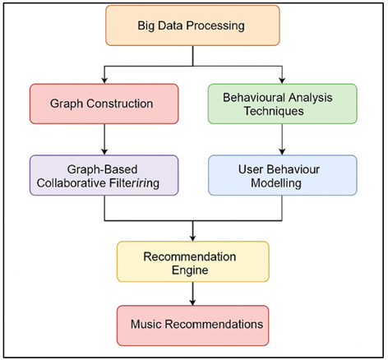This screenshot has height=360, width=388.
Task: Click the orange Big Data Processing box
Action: tap(192, 26)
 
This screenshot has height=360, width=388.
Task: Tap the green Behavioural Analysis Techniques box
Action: tap(282, 104)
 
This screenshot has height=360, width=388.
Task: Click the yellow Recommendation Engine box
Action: tap(192, 261)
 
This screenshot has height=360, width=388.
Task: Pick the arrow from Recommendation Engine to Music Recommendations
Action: tap(192, 292)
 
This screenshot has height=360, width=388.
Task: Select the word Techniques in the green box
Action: tap(282, 111)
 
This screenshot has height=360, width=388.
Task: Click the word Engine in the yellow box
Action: tap(192, 269)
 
